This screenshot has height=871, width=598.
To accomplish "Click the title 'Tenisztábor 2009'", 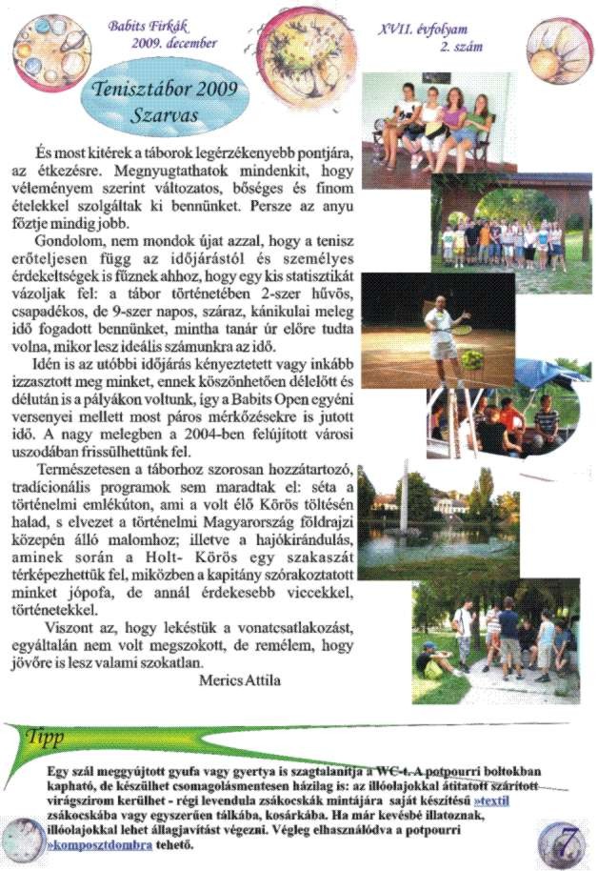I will click(x=168, y=93).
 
